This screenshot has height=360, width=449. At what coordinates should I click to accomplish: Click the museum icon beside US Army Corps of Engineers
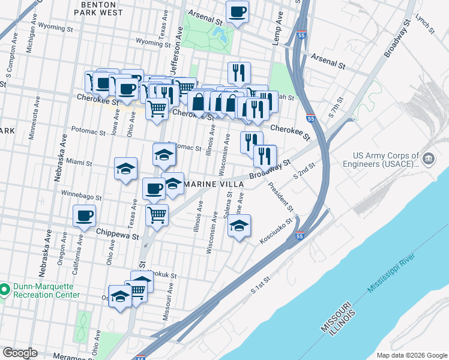click(428, 159)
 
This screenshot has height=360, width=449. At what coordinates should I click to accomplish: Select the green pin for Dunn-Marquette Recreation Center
click(5, 290)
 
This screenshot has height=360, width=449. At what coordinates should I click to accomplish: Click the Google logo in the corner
click(20, 353)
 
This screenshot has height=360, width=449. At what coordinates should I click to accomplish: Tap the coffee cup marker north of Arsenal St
click(237, 12)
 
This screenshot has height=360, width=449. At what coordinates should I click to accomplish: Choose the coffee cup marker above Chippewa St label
click(84, 215)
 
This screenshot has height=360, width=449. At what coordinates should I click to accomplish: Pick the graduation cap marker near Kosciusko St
click(239, 226)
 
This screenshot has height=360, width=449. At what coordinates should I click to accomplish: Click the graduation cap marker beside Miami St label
click(126, 169)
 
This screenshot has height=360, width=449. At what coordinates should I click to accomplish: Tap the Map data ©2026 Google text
click(411, 355)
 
